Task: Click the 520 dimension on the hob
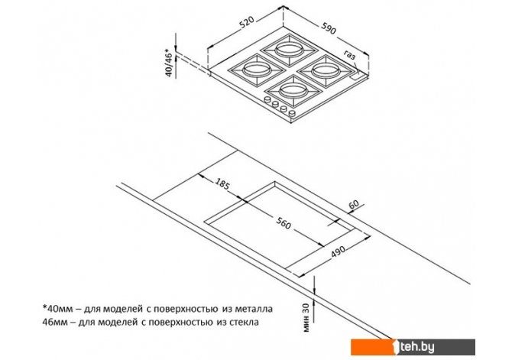[247, 23]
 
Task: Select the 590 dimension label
[328, 28]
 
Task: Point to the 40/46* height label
[168, 63]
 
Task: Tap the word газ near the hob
[350, 55]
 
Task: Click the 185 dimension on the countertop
[222, 184]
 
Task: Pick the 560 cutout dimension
[283, 223]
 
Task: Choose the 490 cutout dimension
[338, 252]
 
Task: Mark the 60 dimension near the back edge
[354, 205]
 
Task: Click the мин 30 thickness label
[306, 317]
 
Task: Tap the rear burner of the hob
[290, 50]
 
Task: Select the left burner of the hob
[257, 70]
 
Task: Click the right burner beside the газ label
[326, 71]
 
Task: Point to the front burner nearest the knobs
[293, 91]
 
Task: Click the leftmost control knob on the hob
[267, 99]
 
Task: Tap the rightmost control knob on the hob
[293, 113]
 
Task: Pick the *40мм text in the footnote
[54, 308]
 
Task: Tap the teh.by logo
[413, 347]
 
